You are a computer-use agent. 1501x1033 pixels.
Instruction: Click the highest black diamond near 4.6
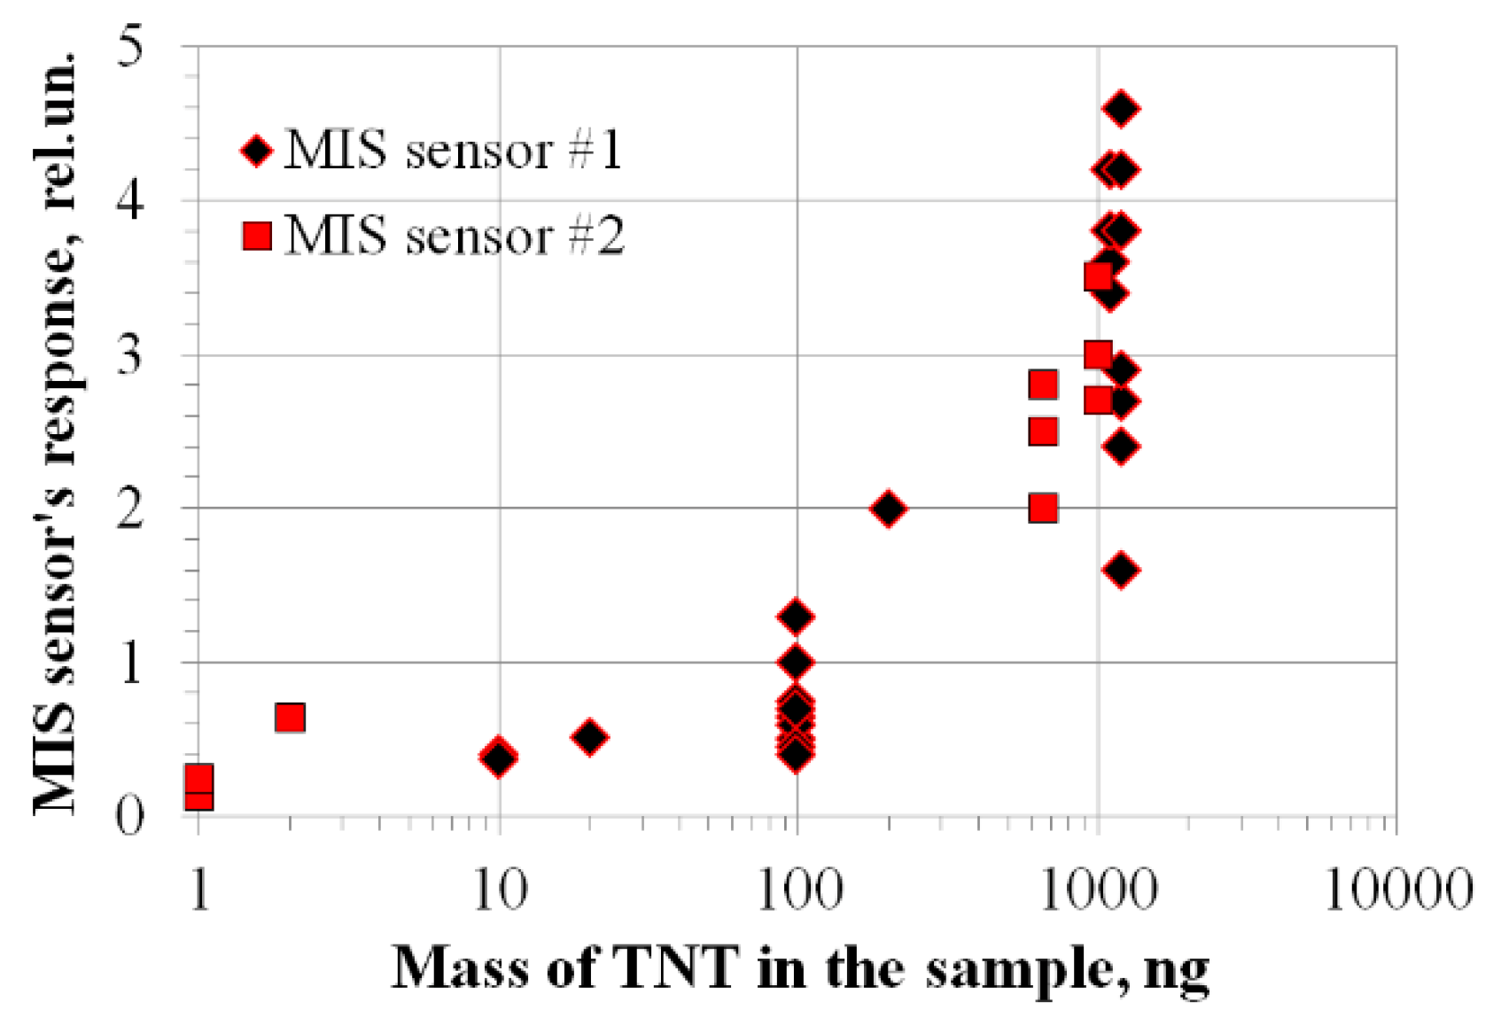(1121, 108)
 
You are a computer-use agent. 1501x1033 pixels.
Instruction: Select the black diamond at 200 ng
(888, 509)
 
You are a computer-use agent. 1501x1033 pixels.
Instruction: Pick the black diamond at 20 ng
(590, 736)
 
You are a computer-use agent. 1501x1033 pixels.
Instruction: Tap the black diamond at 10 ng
(499, 757)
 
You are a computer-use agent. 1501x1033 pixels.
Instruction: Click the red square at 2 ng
(290, 717)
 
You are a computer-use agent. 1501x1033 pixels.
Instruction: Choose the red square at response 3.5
(1099, 277)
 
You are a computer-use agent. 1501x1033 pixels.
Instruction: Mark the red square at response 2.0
(1043, 509)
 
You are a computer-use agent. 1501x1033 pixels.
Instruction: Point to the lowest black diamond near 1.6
(1121, 570)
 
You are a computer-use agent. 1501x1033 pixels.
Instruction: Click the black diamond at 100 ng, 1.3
(796, 616)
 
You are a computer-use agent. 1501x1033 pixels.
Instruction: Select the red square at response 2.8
(1043, 384)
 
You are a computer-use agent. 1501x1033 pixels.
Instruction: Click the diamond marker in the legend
(257, 151)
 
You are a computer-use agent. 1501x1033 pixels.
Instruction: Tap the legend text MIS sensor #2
(455, 236)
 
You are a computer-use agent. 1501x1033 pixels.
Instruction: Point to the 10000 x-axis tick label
(1396, 889)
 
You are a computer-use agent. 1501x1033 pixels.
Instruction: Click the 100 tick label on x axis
(797, 889)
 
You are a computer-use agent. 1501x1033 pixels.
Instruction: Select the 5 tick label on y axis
(129, 46)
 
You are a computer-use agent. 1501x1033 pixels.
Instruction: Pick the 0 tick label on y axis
(129, 816)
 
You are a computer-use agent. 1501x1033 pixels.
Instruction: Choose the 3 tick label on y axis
(129, 354)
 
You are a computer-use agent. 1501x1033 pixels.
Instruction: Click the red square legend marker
(257, 236)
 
